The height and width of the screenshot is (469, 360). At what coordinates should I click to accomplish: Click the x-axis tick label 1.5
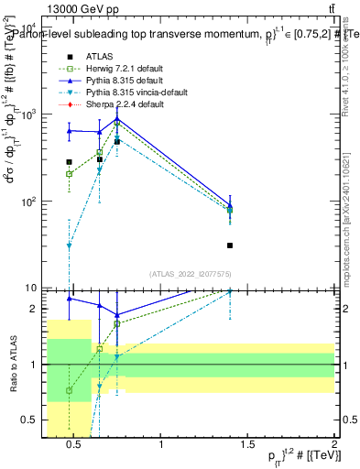coord(247,446)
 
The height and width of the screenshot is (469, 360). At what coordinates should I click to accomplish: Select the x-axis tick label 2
coord(333,446)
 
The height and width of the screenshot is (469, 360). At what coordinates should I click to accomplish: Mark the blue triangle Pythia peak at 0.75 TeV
coord(117,119)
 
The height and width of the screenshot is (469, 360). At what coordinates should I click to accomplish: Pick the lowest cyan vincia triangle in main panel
coord(69,245)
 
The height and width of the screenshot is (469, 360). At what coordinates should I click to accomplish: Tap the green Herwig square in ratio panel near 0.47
coord(69,390)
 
